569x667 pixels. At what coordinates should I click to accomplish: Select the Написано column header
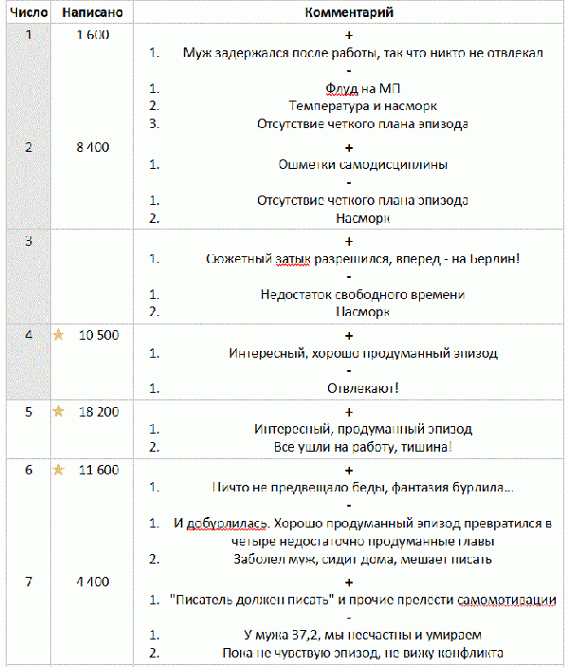[x=91, y=12]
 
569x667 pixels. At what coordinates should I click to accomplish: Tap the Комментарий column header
[x=350, y=12]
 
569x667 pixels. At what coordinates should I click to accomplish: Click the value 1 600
[x=92, y=35]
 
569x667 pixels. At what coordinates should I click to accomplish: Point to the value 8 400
[x=93, y=147]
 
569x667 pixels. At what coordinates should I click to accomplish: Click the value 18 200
[x=98, y=412]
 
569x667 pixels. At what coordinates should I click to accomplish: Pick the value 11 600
[x=98, y=470]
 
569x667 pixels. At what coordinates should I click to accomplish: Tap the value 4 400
[x=93, y=582]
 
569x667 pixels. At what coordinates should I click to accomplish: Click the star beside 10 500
[x=58, y=335]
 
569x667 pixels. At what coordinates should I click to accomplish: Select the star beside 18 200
[x=58, y=412]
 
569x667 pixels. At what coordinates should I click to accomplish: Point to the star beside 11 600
[x=58, y=470]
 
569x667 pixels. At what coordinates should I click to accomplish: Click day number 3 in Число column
[x=28, y=240]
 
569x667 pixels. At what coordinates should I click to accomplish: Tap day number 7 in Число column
[x=28, y=582]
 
